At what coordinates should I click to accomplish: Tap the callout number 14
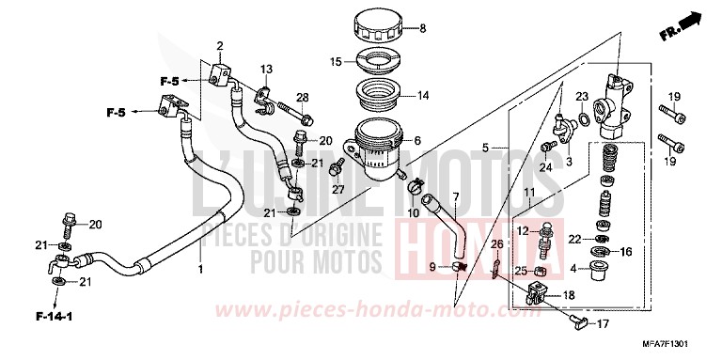[423, 95]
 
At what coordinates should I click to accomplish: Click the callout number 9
[432, 268]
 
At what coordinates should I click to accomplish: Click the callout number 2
[219, 45]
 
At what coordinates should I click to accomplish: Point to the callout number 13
[266, 70]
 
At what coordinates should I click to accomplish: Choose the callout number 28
[303, 98]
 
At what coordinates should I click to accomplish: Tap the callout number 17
[602, 325]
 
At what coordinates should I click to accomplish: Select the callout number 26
[498, 244]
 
